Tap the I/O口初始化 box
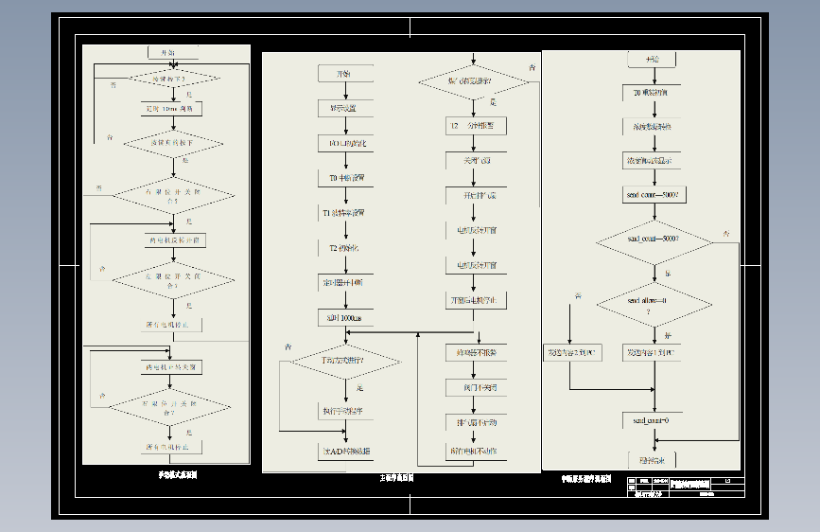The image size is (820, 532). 345,143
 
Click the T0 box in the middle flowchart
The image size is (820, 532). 345,177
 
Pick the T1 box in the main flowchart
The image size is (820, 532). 345,213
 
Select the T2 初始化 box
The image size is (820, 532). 345,248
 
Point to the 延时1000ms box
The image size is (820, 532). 345,318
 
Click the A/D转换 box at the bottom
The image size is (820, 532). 345,451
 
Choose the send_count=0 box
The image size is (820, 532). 653,419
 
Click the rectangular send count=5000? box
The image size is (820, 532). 653,194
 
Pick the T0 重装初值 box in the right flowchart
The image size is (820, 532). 653,93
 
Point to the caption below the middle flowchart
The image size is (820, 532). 391,479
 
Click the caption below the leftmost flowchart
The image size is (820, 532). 178,474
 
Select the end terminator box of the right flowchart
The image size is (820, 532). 653,461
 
